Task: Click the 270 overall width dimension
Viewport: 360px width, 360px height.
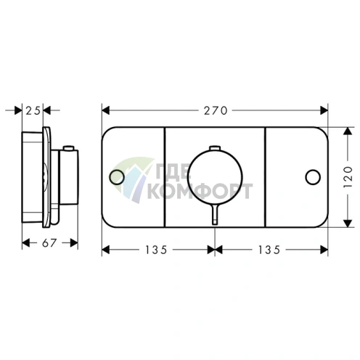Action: tap(215, 111)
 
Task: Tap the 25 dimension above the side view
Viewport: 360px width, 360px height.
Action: tap(33, 111)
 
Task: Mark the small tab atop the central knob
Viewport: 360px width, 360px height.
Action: tap(214, 148)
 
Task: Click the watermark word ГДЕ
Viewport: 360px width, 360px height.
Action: tap(171, 173)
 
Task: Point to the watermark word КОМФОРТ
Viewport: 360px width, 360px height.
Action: tap(200, 191)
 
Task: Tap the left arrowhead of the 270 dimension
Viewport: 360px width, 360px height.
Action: tap(105, 111)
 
